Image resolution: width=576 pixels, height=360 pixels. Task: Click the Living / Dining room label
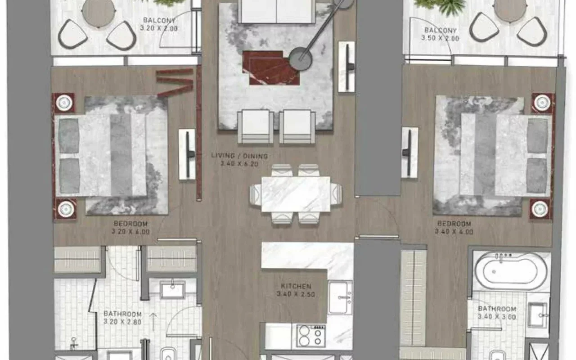[239, 156]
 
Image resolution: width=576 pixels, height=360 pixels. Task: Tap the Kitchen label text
[296, 286]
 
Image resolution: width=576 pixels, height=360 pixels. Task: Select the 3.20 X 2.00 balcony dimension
[159, 28]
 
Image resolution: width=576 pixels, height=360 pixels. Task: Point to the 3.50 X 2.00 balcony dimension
[440, 38]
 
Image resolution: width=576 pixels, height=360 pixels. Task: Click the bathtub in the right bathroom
[510, 271]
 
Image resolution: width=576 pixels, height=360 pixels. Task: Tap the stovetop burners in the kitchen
[311, 336]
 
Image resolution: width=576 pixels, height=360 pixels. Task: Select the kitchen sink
[340, 297]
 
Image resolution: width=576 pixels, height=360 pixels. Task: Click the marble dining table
[296, 194]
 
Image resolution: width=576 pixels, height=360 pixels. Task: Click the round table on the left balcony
[99, 12]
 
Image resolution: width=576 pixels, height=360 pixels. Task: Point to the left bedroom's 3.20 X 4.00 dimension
[130, 232]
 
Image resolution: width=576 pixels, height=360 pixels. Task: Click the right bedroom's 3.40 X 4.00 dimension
[454, 232]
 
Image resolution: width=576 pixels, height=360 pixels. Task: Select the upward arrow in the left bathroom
[153, 322]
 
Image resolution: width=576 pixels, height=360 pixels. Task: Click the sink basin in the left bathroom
[172, 290]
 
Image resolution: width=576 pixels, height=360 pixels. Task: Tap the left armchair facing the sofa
[255, 126]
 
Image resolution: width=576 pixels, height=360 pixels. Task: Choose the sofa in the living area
[276, 12]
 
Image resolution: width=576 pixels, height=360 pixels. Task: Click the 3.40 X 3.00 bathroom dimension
[497, 317]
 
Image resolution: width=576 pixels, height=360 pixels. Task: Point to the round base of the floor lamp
[301, 59]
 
